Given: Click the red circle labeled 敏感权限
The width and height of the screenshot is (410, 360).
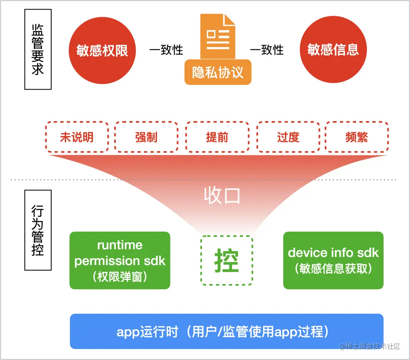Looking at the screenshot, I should (102, 50).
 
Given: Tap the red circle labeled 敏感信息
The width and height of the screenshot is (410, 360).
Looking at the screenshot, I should (333, 50).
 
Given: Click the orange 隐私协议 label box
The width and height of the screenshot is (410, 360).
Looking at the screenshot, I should (218, 72).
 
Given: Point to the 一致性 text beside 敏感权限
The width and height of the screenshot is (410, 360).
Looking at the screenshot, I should (166, 50).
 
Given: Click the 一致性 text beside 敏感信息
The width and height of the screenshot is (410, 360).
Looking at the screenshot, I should (266, 50).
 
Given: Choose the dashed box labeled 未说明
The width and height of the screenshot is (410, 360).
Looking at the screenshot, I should (77, 137).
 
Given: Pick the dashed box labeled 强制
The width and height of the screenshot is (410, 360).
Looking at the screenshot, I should (146, 137).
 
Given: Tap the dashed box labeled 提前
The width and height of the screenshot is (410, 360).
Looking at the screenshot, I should (217, 137).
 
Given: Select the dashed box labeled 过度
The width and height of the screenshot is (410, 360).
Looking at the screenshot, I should (288, 137).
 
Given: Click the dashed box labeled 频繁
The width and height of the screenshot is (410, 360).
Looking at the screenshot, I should (356, 137).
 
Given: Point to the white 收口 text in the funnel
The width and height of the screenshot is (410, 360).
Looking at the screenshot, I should (222, 196).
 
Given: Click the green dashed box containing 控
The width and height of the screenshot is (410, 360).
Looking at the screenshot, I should (227, 261).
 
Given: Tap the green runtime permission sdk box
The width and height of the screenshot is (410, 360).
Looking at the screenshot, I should (120, 261).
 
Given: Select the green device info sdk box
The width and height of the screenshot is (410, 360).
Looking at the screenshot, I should (333, 261).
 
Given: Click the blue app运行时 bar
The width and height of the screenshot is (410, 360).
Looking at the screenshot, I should (227, 331).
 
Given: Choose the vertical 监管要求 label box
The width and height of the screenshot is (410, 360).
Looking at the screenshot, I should (38, 49).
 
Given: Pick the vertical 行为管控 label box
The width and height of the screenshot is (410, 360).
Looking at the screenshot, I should (38, 230).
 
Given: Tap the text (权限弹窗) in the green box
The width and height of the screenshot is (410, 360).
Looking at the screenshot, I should (120, 277).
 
